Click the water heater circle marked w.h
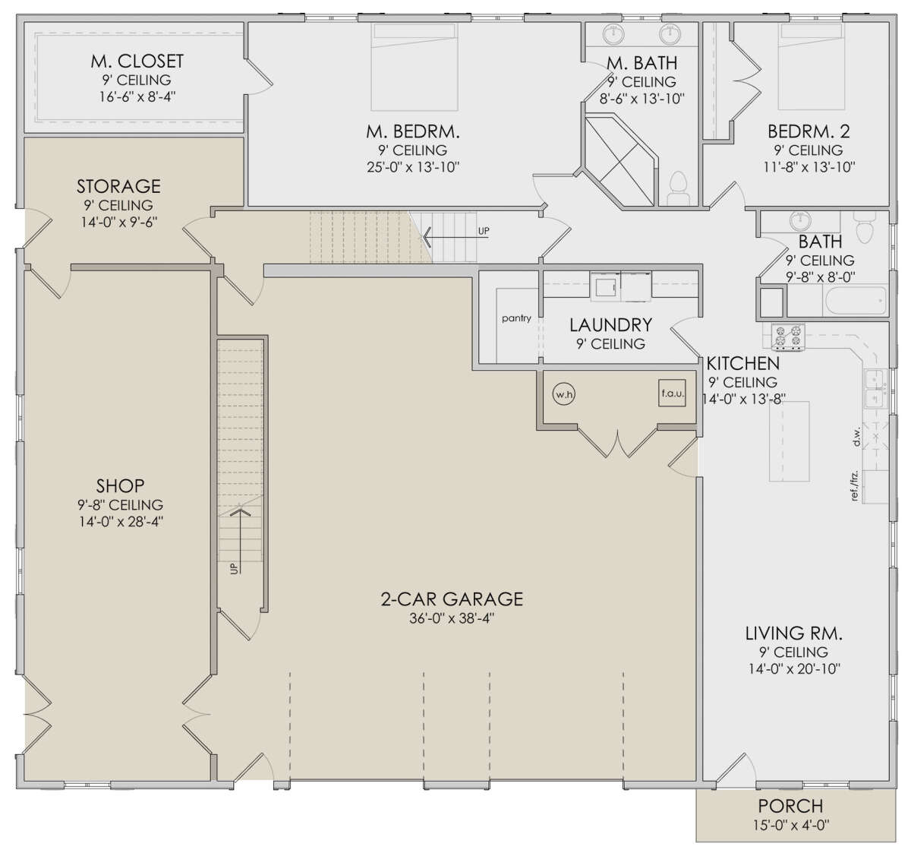pos(564,394)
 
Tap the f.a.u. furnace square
pos(672,393)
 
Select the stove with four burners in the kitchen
pos(789,337)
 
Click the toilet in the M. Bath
pos(678,188)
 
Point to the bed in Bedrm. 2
pos(812,67)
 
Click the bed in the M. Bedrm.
pos(415,67)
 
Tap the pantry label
pos(516,318)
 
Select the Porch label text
pos(791,806)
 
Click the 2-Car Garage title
pos(452,599)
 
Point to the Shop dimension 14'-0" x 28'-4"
pos(121,522)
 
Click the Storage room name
pos(118,186)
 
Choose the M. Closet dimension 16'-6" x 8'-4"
pos(137,97)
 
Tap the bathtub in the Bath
pos(856,301)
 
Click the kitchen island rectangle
pos(789,441)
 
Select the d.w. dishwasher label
pos(857,438)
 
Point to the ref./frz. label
pos(854,485)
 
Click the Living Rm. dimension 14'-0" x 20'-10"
pos(794,668)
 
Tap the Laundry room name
pos(610,325)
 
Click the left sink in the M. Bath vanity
pos(613,33)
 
